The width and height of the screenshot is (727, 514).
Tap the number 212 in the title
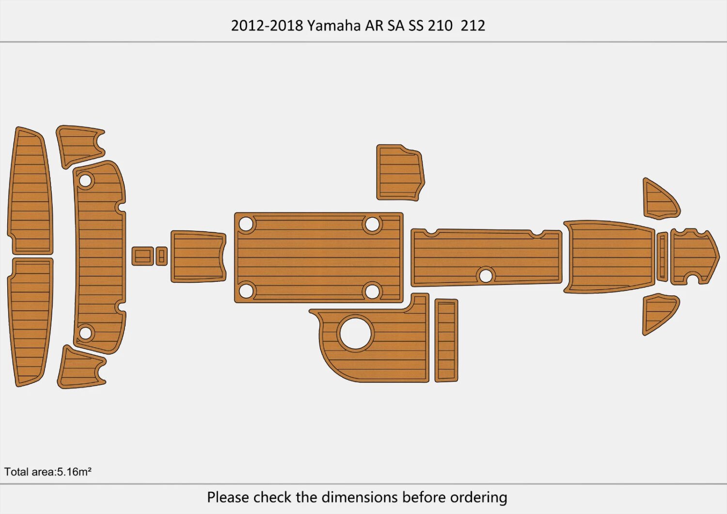coord(473,26)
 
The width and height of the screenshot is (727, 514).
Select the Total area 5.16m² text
coord(48,472)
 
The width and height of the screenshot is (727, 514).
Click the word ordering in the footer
coord(478,498)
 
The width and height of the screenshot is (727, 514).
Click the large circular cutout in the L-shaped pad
coord(355,333)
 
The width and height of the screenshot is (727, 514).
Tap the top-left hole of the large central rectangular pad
coord(246,224)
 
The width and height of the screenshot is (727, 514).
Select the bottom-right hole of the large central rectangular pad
coord(372,291)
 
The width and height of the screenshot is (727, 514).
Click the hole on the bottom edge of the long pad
coord(485,276)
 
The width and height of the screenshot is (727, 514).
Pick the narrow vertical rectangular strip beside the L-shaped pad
coord(446,340)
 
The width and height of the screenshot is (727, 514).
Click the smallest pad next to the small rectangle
coord(162,256)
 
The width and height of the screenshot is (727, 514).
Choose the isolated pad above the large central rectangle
coord(400,173)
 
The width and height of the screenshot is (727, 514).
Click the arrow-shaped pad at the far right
coord(693,256)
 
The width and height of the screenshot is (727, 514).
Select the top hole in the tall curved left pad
coord(85,181)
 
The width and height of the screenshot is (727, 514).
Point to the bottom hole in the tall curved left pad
coord(85,333)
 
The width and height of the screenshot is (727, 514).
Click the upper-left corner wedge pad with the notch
coord(79,145)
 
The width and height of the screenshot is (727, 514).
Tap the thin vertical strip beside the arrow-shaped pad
coord(662,257)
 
